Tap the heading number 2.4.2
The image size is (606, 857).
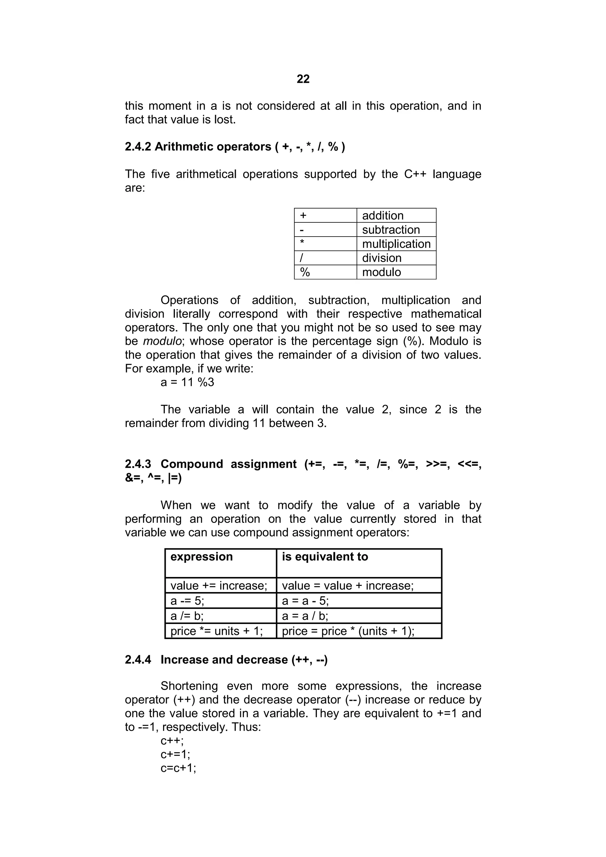[x=138, y=147]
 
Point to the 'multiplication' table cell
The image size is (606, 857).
[x=396, y=244]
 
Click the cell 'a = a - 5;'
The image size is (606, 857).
[x=305, y=601]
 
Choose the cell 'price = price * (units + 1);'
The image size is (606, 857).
[x=348, y=631]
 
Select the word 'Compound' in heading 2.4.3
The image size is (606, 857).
[x=191, y=464]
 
